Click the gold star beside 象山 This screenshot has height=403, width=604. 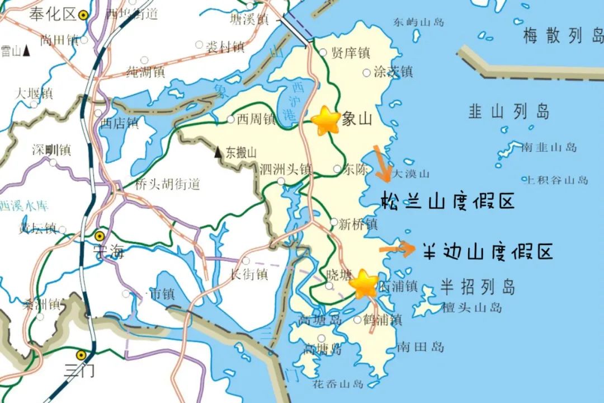tap(325, 120)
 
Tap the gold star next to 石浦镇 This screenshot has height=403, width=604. tap(364, 284)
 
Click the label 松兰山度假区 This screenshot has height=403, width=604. tap(447, 200)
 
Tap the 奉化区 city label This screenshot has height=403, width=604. tap(53, 15)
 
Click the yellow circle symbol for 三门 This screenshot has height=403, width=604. tap(82, 354)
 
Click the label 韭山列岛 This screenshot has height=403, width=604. tap(508, 111)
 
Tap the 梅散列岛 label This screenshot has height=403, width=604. tap(562, 37)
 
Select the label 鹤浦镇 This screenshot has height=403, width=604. tap(382, 320)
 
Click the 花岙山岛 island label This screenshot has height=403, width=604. tap(338, 384)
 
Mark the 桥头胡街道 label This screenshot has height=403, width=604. tap(168, 184)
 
